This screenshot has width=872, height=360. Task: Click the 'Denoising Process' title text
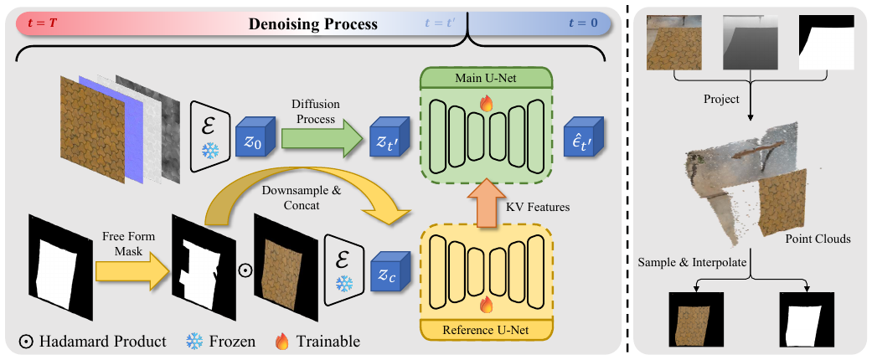tap(313, 24)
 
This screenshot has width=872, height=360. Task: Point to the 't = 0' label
tap(583, 23)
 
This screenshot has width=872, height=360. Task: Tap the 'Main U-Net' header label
tap(487, 77)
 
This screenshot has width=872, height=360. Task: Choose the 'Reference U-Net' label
tap(486, 330)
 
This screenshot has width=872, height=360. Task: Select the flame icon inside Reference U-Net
tap(486, 304)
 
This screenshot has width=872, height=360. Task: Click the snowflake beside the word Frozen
tap(194, 341)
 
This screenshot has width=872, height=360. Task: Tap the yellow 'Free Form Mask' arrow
tap(132, 271)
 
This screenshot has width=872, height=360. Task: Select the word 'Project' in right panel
tap(722, 99)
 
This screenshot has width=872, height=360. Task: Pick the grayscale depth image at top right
tap(751, 42)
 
